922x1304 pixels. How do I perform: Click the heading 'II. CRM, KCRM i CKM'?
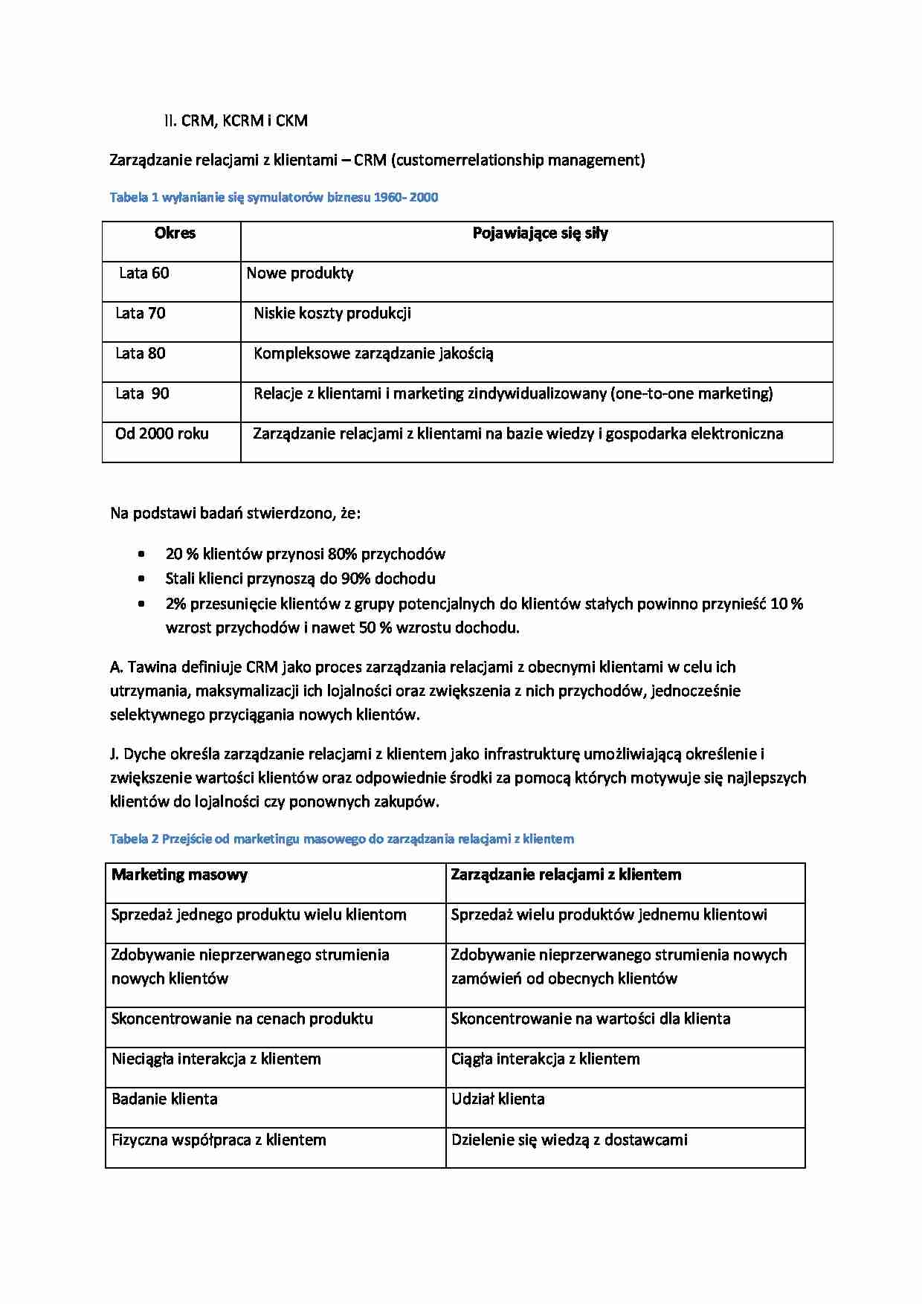pyautogui.click(x=236, y=120)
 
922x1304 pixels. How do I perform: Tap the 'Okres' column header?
pyautogui.click(x=175, y=233)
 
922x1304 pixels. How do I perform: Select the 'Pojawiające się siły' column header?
pyautogui.click(x=540, y=233)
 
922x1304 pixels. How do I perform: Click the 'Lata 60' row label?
pyautogui.click(x=144, y=274)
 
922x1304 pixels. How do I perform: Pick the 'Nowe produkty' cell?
pyautogui.click(x=300, y=274)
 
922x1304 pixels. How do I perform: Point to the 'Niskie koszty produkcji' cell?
pyautogui.click(x=332, y=314)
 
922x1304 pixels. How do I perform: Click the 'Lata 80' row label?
pyautogui.click(x=140, y=354)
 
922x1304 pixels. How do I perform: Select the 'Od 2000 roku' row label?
pyautogui.click(x=161, y=434)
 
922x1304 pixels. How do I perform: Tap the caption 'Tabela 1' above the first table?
pyautogui.click(x=134, y=198)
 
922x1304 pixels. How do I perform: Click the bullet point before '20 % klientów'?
pyautogui.click(x=141, y=554)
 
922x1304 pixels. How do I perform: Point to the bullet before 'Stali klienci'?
pyautogui.click(x=141, y=578)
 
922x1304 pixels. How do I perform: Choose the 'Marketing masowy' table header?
pyautogui.click(x=179, y=875)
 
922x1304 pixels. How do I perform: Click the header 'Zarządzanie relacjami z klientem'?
pyautogui.click(x=566, y=875)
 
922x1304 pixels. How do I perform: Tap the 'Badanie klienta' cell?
pyautogui.click(x=164, y=1100)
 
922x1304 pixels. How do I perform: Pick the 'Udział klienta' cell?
pyautogui.click(x=497, y=1100)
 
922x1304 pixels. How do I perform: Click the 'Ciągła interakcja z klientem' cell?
pyautogui.click(x=545, y=1059)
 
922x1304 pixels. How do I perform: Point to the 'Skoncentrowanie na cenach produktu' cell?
pyautogui.click(x=242, y=1019)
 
